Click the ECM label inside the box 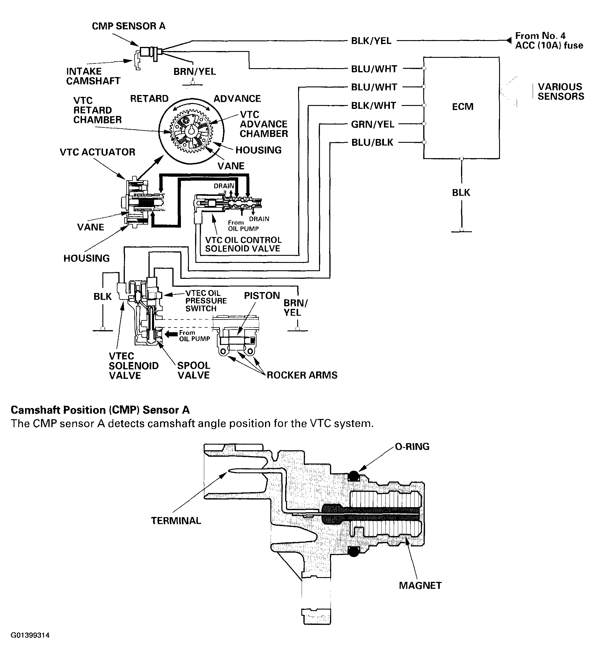coord(462,107)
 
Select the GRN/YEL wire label coord(373,124)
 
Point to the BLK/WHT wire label coord(373,106)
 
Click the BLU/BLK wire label coord(372,143)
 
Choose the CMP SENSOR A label coord(128,26)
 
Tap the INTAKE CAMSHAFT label coord(93,76)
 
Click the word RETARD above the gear coord(149,98)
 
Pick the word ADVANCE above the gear coord(237,98)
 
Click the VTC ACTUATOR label coord(97,152)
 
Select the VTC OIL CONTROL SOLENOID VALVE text coord(243,244)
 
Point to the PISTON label coord(262,295)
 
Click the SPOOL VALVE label coord(194,370)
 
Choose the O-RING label coord(412,446)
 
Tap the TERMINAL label coord(176,520)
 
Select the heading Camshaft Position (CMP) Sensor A coord(100,410)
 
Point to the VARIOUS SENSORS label coord(561,91)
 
